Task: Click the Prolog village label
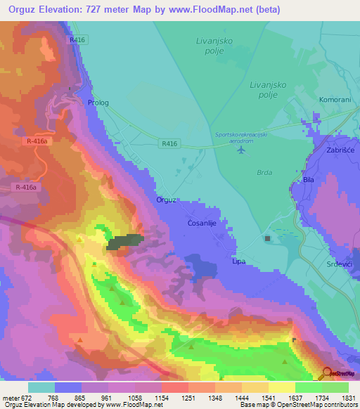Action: click(x=98, y=103)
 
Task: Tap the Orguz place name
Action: click(x=166, y=200)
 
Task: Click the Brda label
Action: click(x=264, y=172)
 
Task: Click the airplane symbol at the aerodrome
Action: click(x=243, y=149)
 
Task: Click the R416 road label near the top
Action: click(x=77, y=40)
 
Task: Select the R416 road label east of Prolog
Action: click(x=168, y=143)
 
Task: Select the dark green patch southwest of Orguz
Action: click(x=124, y=242)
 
